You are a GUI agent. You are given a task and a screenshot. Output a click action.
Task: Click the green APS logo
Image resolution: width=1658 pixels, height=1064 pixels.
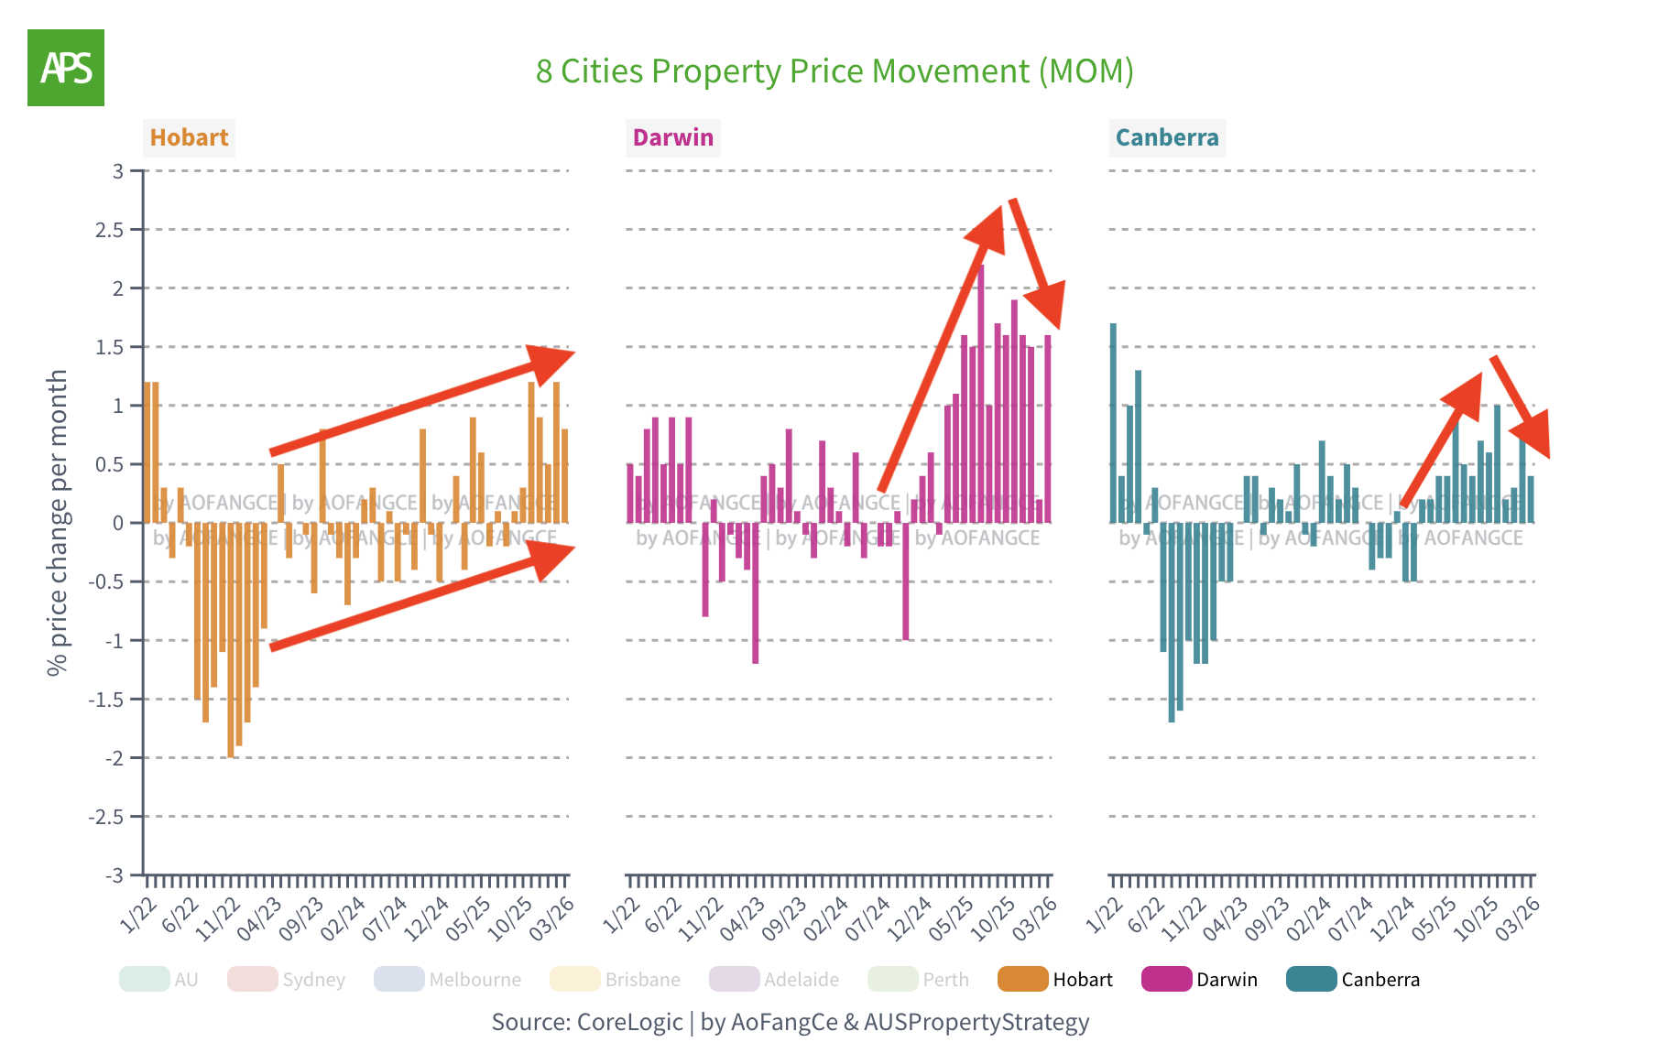(x=66, y=68)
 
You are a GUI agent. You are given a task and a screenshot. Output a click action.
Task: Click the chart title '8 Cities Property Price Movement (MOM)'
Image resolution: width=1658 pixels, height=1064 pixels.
(x=834, y=71)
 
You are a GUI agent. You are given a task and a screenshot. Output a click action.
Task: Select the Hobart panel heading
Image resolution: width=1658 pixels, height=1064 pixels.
(x=189, y=137)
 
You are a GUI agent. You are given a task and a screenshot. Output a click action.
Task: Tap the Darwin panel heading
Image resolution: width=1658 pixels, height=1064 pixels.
(x=672, y=137)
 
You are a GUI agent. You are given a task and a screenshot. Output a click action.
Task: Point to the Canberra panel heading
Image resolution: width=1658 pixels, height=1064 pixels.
(x=1166, y=137)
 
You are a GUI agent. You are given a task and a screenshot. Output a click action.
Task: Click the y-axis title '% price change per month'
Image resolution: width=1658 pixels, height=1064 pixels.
(x=58, y=522)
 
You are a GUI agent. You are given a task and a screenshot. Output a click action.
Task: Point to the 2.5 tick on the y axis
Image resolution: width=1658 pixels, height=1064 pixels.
(x=109, y=230)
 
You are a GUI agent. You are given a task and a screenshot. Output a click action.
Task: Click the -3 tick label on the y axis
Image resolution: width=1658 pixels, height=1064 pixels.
(x=114, y=875)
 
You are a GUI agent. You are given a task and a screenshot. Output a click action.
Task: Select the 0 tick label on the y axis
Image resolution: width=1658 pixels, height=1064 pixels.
(x=117, y=523)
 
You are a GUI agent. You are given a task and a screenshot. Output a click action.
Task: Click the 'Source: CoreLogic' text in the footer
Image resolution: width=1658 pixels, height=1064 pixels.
(x=586, y=1022)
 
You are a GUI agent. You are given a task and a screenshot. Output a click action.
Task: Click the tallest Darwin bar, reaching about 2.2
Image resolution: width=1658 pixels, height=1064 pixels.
(x=981, y=394)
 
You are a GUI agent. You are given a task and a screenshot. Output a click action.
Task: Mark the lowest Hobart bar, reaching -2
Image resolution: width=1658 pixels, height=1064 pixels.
(x=231, y=641)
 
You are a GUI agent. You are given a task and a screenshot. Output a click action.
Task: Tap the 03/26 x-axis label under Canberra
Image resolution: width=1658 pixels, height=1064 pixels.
(x=1518, y=918)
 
